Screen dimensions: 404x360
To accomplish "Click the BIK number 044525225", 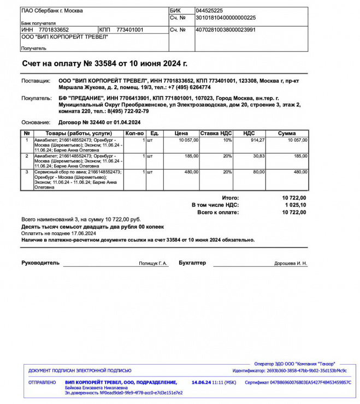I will (x=209, y=10).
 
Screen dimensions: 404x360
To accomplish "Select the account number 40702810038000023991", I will (x=225, y=30).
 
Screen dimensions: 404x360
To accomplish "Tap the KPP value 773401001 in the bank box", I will (x=130, y=30).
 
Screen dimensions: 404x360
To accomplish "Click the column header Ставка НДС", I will (x=216, y=133).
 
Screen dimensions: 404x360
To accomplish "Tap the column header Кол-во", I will (x=134, y=133).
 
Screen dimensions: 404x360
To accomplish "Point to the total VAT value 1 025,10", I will (x=296, y=204).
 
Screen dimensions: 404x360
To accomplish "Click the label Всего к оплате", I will (x=218, y=212).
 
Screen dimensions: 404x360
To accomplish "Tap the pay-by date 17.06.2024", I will (x=83, y=233).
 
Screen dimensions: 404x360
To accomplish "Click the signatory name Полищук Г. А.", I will (x=154, y=264).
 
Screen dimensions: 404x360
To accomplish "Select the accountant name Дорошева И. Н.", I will (x=291, y=264).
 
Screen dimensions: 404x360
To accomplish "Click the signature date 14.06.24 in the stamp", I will (x=202, y=382).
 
